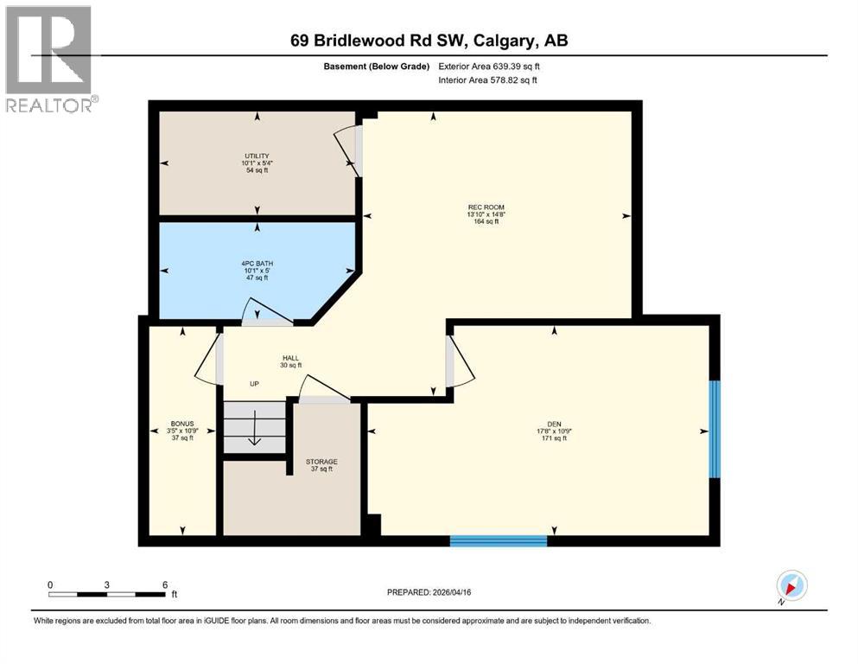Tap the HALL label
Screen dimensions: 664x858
pyautogui.click(x=289, y=358)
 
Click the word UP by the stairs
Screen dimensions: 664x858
pyautogui.click(x=254, y=385)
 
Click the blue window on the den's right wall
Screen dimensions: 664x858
pyautogui.click(x=715, y=429)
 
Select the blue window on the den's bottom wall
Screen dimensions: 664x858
pyautogui.click(x=499, y=541)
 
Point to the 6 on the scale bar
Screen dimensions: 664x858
pyautogui.click(x=164, y=584)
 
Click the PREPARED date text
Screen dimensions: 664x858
pyautogui.click(x=429, y=592)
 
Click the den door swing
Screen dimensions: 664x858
pyautogui.click(x=461, y=361)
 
